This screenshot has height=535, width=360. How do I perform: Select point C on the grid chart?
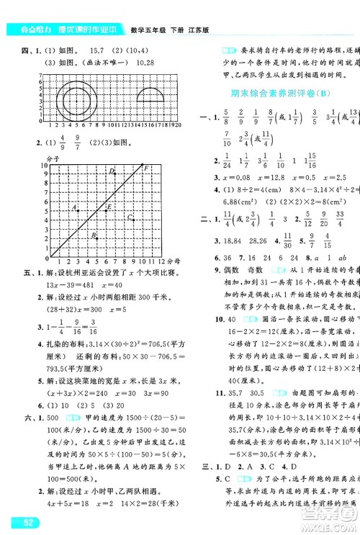pos(130,217)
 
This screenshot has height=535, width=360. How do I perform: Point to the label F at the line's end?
pos(146,168)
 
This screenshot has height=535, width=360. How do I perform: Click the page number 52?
pos(22,521)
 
